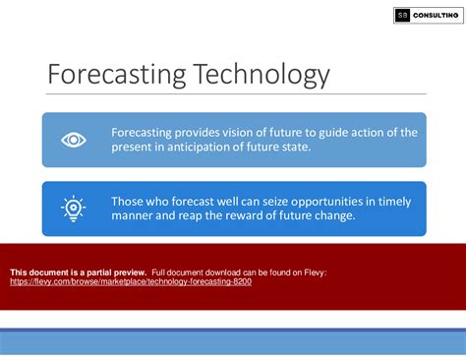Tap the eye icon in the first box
[x=74, y=140]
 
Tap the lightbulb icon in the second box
[x=74, y=209]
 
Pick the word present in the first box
[x=135, y=148]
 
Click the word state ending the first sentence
[x=314, y=148]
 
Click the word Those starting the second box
[x=130, y=201]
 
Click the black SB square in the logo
[x=402, y=15]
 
